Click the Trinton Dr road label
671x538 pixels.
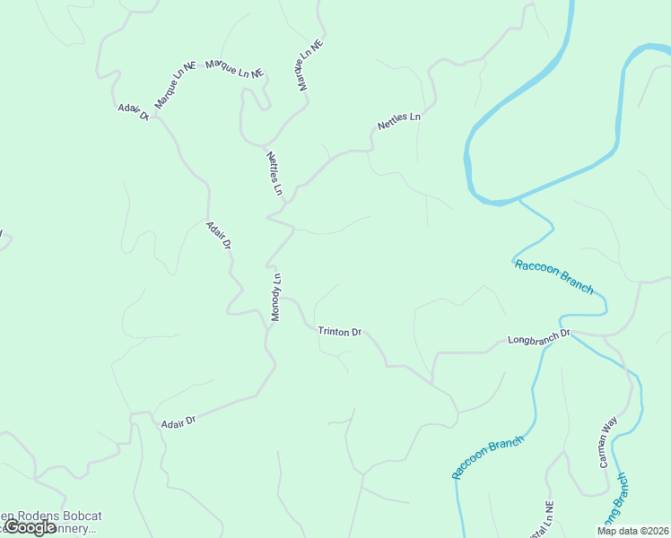[339, 332]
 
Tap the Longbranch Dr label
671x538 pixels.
[539, 340]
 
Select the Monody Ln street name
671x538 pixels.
[277, 298]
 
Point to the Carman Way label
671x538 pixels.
[607, 442]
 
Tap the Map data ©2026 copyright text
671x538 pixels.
[632, 531]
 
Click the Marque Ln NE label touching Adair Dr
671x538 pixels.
[175, 85]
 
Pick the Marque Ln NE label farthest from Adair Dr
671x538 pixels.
[302, 65]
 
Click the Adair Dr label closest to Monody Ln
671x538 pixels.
[219, 235]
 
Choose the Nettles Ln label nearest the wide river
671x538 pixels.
[399, 121]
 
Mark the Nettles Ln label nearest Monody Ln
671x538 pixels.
[274, 174]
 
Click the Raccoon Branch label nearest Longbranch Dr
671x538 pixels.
[553, 276]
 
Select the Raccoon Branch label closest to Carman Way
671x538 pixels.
[487, 457]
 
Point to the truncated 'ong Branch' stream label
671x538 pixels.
[621, 507]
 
